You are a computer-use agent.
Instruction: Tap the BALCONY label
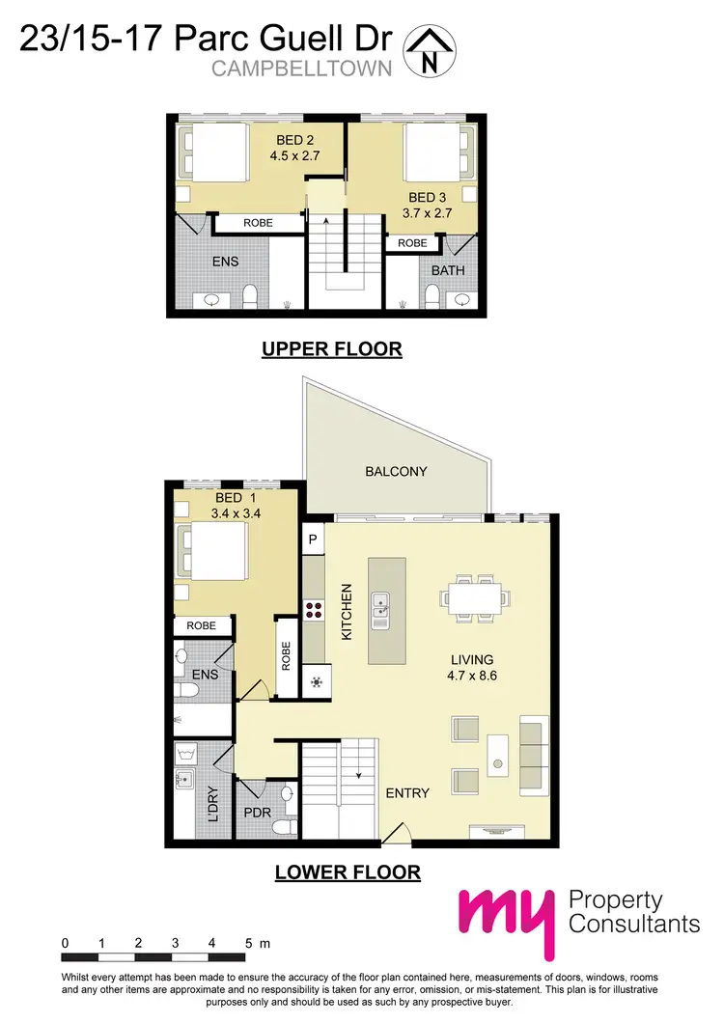coord(396,471)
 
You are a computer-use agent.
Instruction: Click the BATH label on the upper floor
coord(448,270)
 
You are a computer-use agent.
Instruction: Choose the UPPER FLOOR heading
coord(331,348)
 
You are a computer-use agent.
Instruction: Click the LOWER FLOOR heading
coord(348,872)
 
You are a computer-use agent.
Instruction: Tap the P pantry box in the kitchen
coord(313,539)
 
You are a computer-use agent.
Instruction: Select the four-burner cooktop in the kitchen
coord(315,609)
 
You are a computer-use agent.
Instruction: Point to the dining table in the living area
coord(472,595)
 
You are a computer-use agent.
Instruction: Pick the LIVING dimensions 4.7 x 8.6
coord(472,677)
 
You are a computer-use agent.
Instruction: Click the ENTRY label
coord(407,792)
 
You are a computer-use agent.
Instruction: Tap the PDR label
coord(255,813)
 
